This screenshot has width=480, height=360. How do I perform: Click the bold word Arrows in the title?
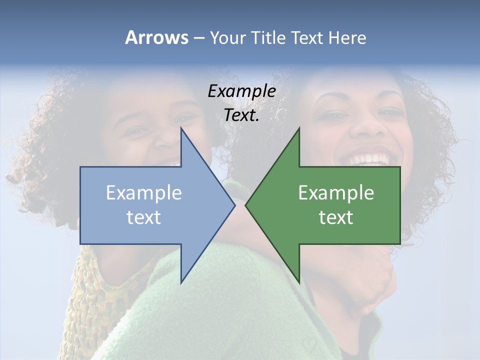pos(156,38)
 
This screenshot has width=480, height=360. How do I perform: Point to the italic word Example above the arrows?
pos(241,91)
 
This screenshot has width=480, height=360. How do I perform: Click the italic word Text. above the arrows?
pos(241,115)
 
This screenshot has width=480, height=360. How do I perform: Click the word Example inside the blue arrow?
pos(144,193)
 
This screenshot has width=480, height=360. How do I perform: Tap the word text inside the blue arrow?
pos(144,217)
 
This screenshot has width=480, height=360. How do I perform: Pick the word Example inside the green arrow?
pos(336,193)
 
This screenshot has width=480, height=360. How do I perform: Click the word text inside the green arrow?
pos(336,217)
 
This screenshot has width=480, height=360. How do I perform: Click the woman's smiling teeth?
pos(370,159)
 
